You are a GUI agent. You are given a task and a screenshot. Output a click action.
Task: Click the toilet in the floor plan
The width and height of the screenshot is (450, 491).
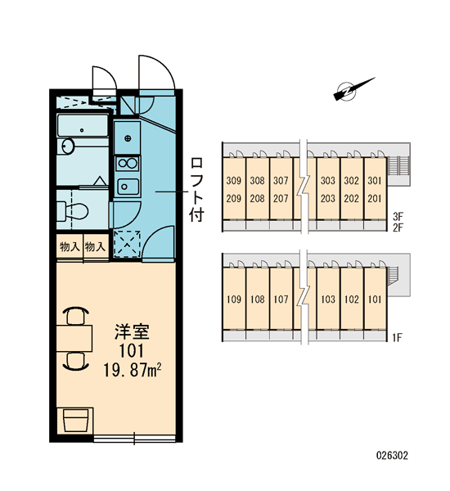pyautogui.click(x=73, y=211)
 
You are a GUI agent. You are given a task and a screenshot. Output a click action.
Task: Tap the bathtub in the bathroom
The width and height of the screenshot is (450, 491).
pyautogui.click(x=83, y=126)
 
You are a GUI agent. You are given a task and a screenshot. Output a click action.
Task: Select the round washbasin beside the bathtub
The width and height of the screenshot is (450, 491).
pyautogui.click(x=67, y=146)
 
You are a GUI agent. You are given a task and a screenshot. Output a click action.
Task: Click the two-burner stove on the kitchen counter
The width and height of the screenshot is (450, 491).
pyautogui.click(x=127, y=163)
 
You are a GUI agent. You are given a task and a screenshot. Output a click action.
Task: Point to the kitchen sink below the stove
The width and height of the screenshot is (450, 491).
pyautogui.click(x=128, y=187)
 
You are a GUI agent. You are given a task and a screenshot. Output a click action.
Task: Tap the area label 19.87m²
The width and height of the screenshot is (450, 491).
pyautogui.click(x=133, y=371)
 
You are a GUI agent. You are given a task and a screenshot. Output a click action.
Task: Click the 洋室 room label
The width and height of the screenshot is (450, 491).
pyautogui.click(x=132, y=332)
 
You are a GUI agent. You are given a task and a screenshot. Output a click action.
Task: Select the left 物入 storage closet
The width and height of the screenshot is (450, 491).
pyautogui.click(x=70, y=247)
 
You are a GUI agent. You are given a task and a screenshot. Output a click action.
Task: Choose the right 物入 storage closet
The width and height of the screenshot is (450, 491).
pyautogui.click(x=96, y=247)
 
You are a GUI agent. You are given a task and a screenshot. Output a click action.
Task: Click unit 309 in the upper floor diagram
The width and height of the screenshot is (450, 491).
pyautogui.click(x=234, y=181)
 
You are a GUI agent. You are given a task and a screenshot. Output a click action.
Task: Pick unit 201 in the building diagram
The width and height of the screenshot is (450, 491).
pyautogui.click(x=375, y=198)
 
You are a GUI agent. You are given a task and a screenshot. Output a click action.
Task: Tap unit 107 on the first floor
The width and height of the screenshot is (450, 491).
pyautogui.click(x=281, y=300)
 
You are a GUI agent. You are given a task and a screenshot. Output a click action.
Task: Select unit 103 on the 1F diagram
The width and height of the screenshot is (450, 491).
pyautogui.click(x=328, y=300)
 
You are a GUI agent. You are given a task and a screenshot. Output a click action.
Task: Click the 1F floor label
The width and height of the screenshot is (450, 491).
pyautogui.click(x=398, y=337)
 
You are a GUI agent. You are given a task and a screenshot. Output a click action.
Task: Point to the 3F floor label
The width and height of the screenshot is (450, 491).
pyautogui.click(x=398, y=216)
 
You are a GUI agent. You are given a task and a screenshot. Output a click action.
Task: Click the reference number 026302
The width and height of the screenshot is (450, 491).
pyautogui.click(x=392, y=455)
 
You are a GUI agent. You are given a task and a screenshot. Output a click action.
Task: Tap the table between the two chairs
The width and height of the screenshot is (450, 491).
pyautogui.click(x=74, y=338)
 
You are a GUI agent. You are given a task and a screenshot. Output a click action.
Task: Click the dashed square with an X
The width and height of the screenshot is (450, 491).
pyautogui.click(x=127, y=244)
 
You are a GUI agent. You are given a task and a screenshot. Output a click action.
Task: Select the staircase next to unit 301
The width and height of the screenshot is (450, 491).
pyautogui.click(x=398, y=166)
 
